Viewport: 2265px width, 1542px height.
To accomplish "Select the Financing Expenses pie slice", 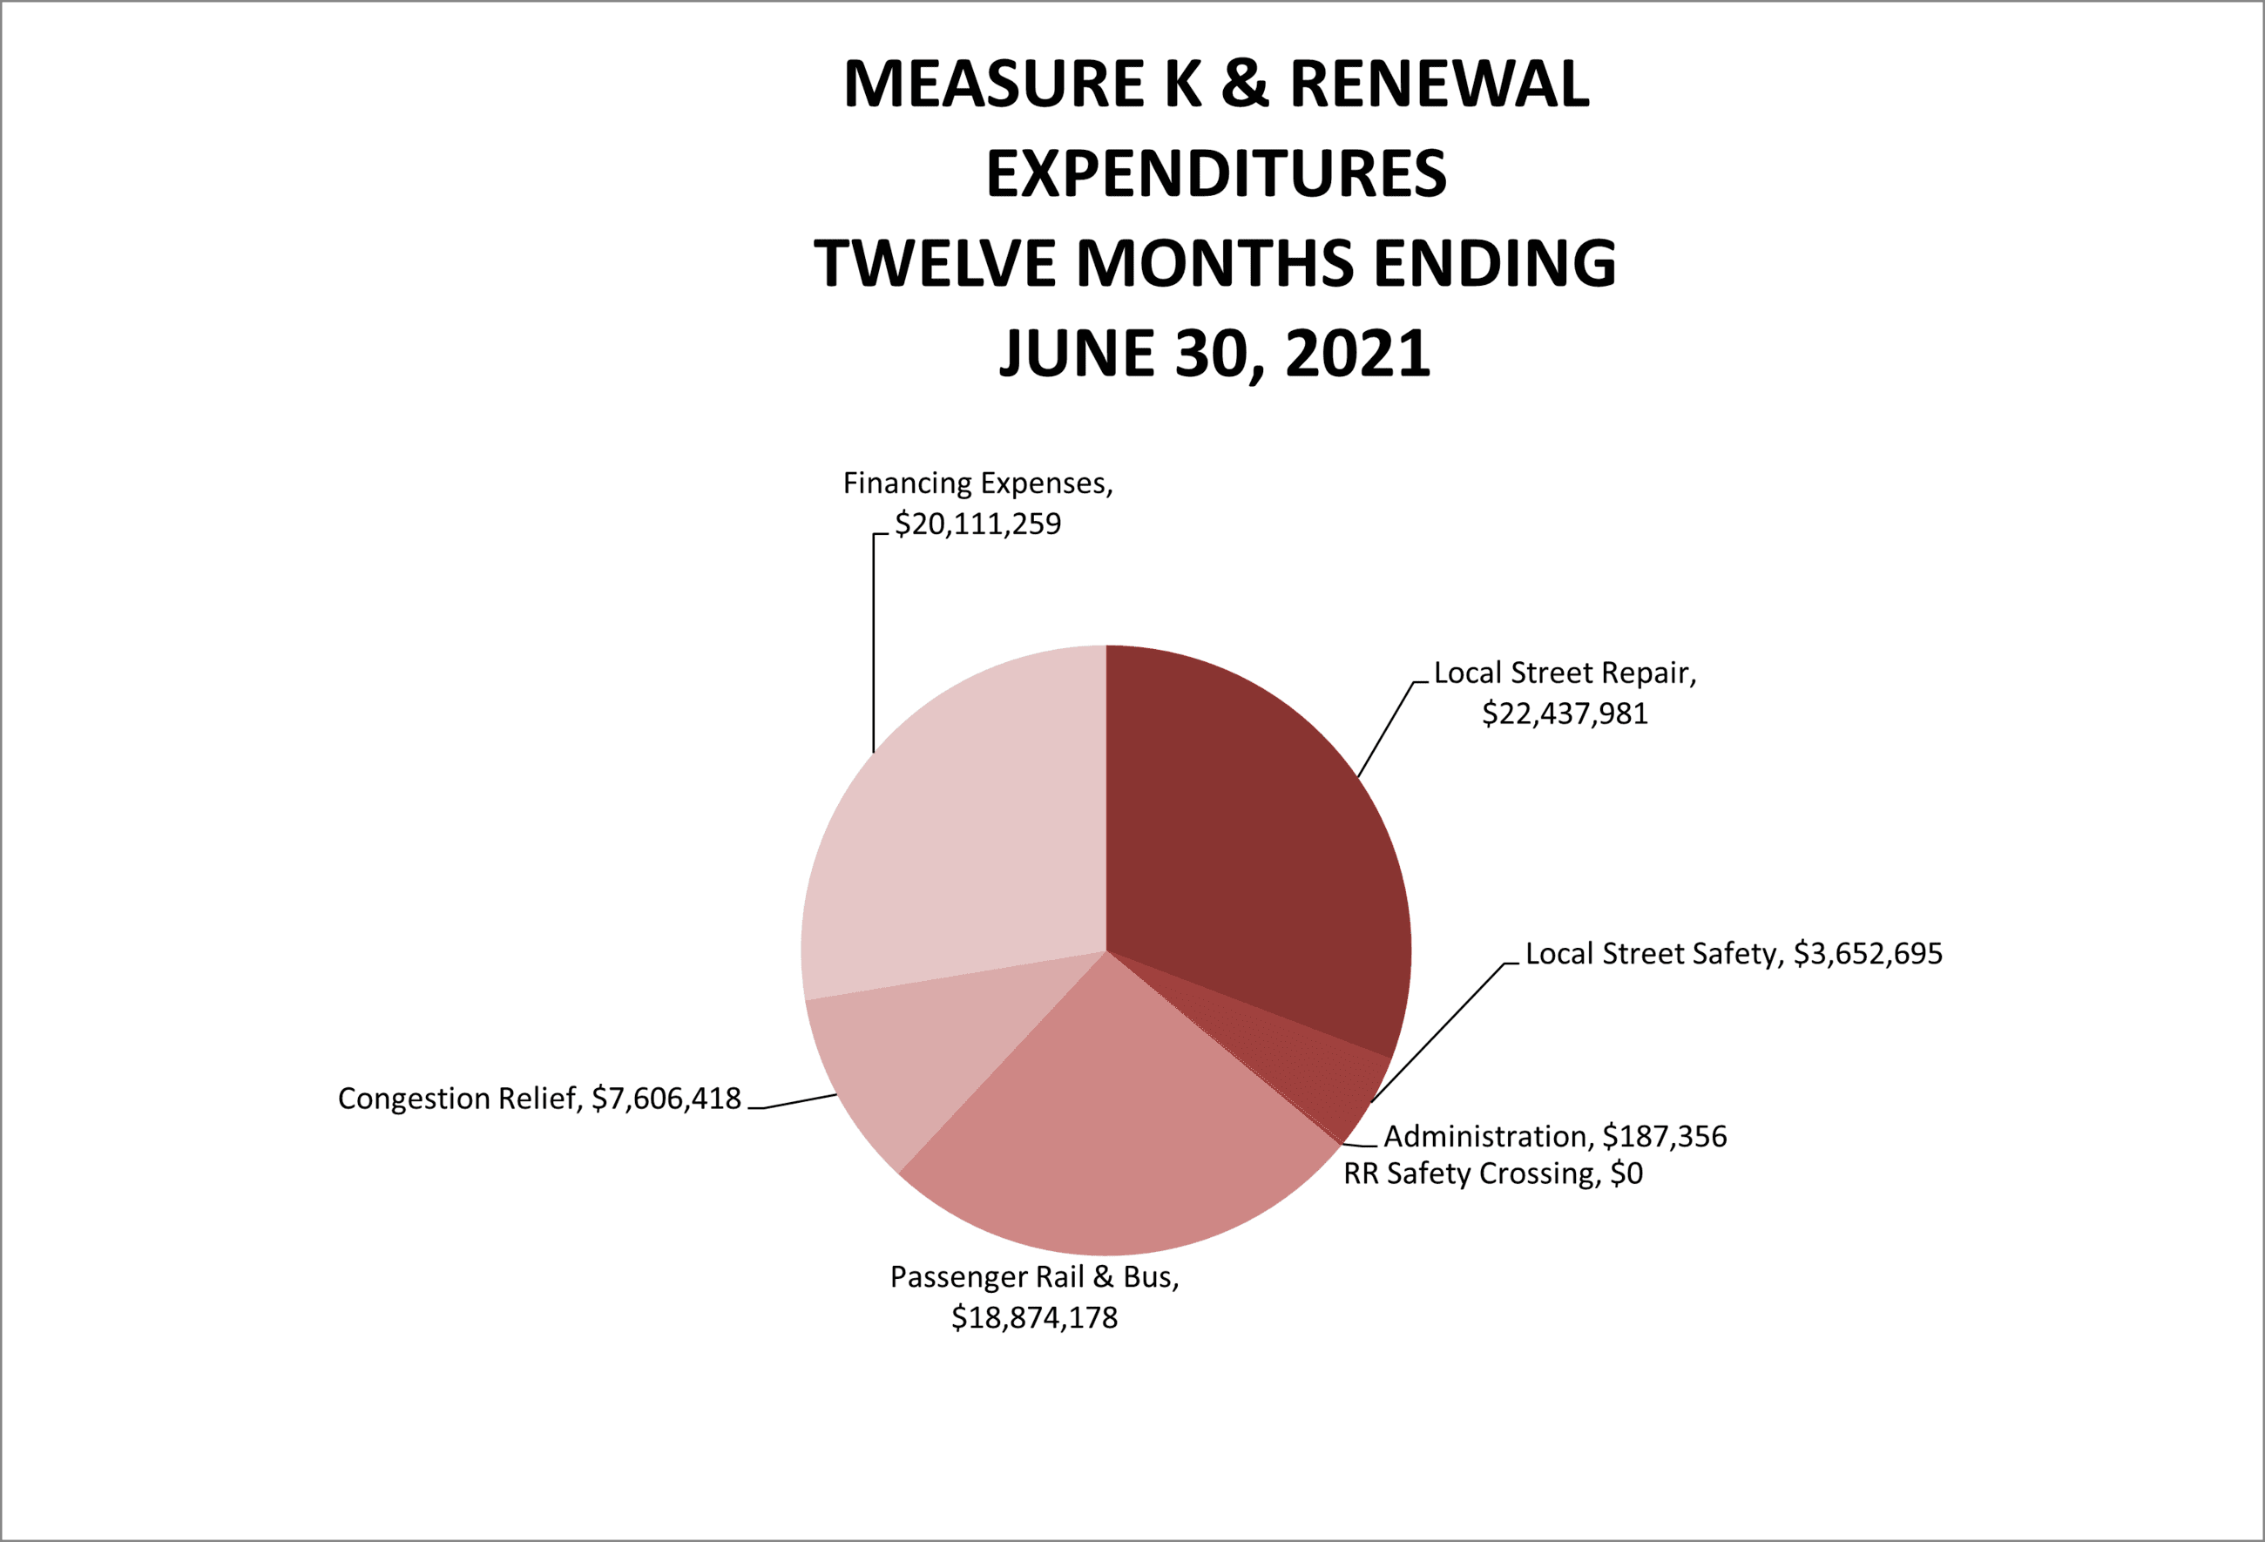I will click(x=955, y=838).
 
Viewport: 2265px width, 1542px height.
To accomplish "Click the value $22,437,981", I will click(x=1565, y=714).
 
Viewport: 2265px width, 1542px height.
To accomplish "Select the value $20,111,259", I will click(x=977, y=524).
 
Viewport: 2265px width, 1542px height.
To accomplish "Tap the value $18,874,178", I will click(x=1034, y=1318).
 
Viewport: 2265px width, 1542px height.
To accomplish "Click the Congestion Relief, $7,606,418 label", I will click(x=539, y=1099).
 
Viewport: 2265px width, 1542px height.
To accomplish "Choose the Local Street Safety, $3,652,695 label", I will click(x=1733, y=953).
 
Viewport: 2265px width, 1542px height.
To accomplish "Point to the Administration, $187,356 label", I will click(x=1554, y=1137).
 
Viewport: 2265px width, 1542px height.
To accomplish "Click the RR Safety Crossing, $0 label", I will click(x=1492, y=1173).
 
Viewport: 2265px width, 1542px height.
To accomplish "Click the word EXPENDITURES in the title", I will click(x=1215, y=174).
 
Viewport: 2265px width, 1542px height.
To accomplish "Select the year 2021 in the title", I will click(x=1356, y=353).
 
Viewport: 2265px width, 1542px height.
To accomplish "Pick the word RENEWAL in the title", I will click(x=1438, y=84).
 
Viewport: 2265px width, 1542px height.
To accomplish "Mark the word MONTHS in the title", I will click(x=1214, y=263).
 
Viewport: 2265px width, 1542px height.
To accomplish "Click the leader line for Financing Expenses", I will click(x=873, y=643).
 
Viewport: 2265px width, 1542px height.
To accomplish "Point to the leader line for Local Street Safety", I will click(x=1437, y=1033).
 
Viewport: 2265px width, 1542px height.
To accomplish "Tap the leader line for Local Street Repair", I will click(x=1385, y=729).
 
